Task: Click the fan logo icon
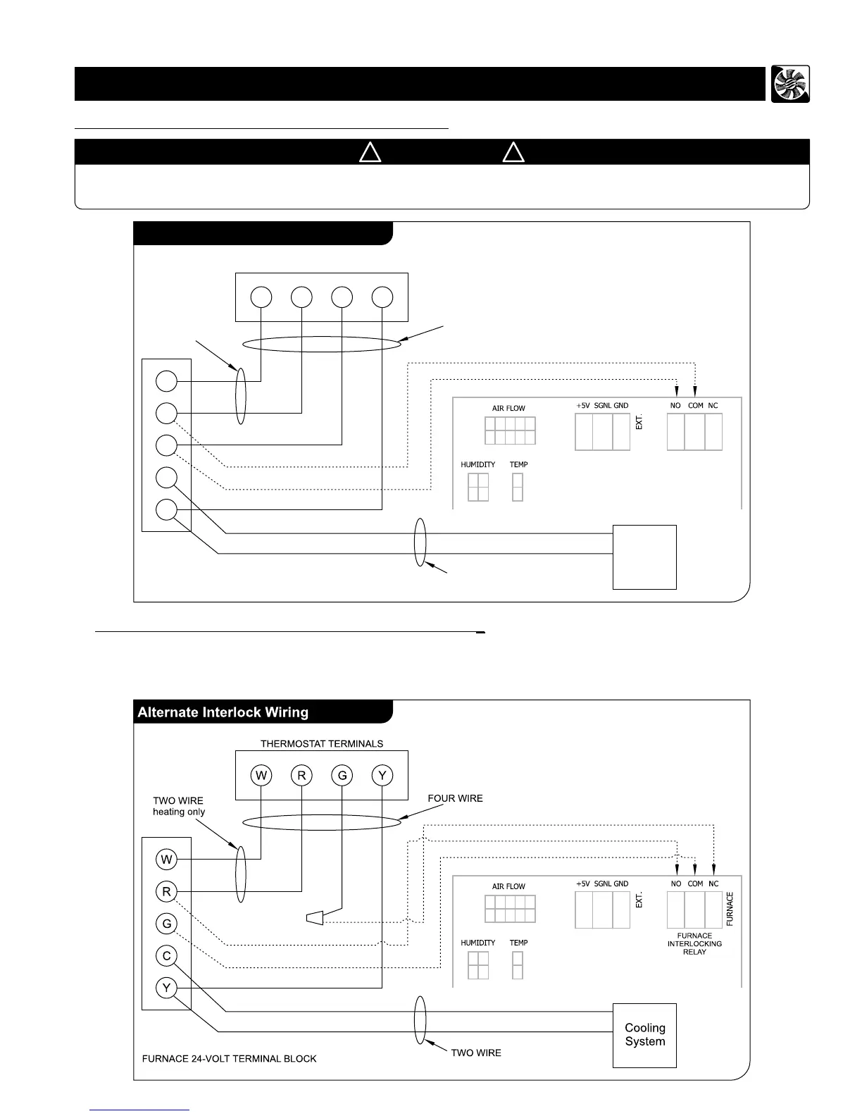790,84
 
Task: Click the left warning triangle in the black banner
370,152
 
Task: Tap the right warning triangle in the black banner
513,152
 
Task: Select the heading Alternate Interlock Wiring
223,712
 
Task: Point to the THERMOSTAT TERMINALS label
322,743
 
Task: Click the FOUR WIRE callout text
456,798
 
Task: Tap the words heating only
179,812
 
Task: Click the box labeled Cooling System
644,1035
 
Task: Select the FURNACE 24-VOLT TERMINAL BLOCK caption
230,1058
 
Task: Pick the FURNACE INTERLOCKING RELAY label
694,943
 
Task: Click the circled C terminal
167,956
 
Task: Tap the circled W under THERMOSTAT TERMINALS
261,776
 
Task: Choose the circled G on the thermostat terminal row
342,776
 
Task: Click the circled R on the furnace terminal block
167,891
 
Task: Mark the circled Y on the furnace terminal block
167,988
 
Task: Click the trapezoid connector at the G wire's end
314,918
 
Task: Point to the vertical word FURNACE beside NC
730,909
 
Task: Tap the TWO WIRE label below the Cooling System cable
476,1053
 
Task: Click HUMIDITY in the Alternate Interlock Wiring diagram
478,943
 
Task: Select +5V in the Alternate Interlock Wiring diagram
582,883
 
